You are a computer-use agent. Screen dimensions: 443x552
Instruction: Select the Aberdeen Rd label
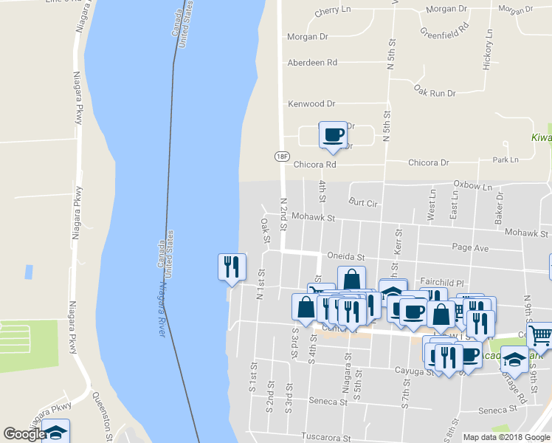tap(312, 63)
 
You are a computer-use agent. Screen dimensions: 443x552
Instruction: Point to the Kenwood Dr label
tap(311, 104)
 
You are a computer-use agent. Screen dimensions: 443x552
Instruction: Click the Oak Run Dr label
tap(435, 93)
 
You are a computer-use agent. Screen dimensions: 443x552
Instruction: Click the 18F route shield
tap(282, 156)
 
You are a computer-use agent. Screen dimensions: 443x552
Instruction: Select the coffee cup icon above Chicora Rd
tap(333, 135)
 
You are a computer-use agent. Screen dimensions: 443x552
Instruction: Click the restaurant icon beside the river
tap(232, 267)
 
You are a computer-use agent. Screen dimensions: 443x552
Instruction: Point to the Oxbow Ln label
tap(472, 185)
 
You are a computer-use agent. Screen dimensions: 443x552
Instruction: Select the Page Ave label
tap(470, 248)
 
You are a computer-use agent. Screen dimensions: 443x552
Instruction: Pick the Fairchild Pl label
tap(441, 283)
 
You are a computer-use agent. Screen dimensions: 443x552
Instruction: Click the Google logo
tap(24, 434)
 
